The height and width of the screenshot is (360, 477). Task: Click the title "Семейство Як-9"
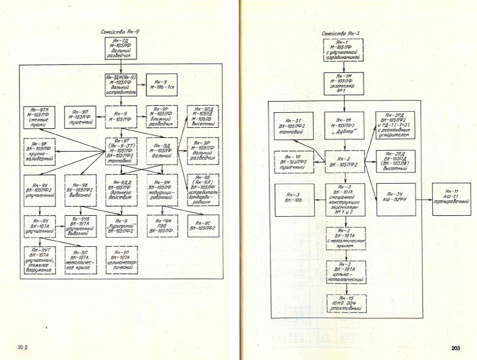pyautogui.click(x=119, y=32)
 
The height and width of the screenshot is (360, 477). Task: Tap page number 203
pyautogui.click(x=455, y=348)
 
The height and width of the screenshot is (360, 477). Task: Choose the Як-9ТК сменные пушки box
pyautogui.click(x=40, y=117)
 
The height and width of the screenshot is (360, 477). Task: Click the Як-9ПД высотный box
pyautogui.click(x=202, y=117)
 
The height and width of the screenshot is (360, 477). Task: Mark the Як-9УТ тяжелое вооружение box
pyautogui.click(x=40, y=260)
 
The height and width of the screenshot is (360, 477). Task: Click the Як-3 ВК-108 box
pyautogui.click(x=292, y=200)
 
